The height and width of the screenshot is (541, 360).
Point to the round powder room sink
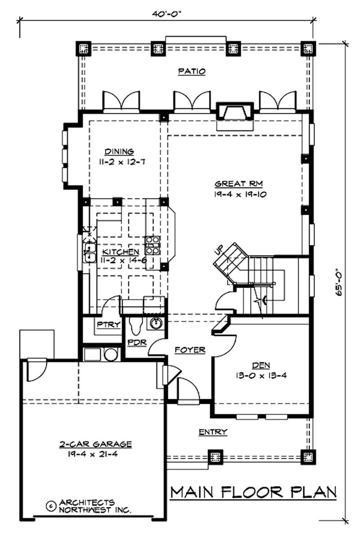[x=156, y=322]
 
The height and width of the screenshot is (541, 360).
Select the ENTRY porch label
[x=213, y=432]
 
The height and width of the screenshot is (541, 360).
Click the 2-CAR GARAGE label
[x=95, y=444]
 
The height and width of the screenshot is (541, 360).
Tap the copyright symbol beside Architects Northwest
[x=50, y=505]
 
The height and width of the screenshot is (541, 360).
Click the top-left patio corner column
[x=84, y=49]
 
